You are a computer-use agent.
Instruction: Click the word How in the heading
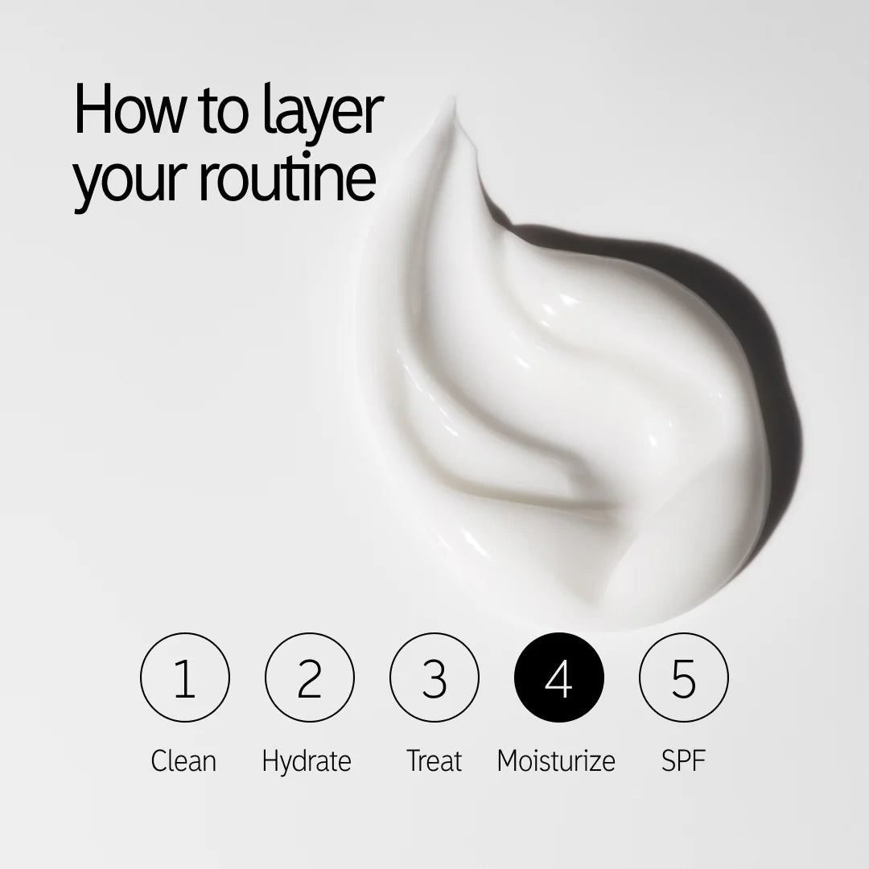(130, 109)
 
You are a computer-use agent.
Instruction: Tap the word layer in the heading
(322, 113)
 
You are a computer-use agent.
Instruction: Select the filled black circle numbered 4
(558, 677)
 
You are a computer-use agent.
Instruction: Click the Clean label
(183, 760)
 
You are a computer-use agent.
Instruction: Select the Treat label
(434, 760)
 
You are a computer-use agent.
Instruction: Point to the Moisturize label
(556, 760)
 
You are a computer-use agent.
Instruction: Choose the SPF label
(683, 760)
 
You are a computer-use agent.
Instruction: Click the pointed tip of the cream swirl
(453, 101)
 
